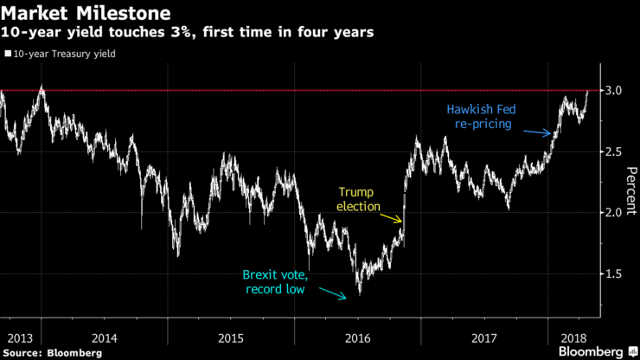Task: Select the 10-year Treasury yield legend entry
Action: (x=60, y=54)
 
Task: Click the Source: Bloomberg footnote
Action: (x=54, y=352)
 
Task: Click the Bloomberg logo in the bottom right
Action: (x=596, y=351)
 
